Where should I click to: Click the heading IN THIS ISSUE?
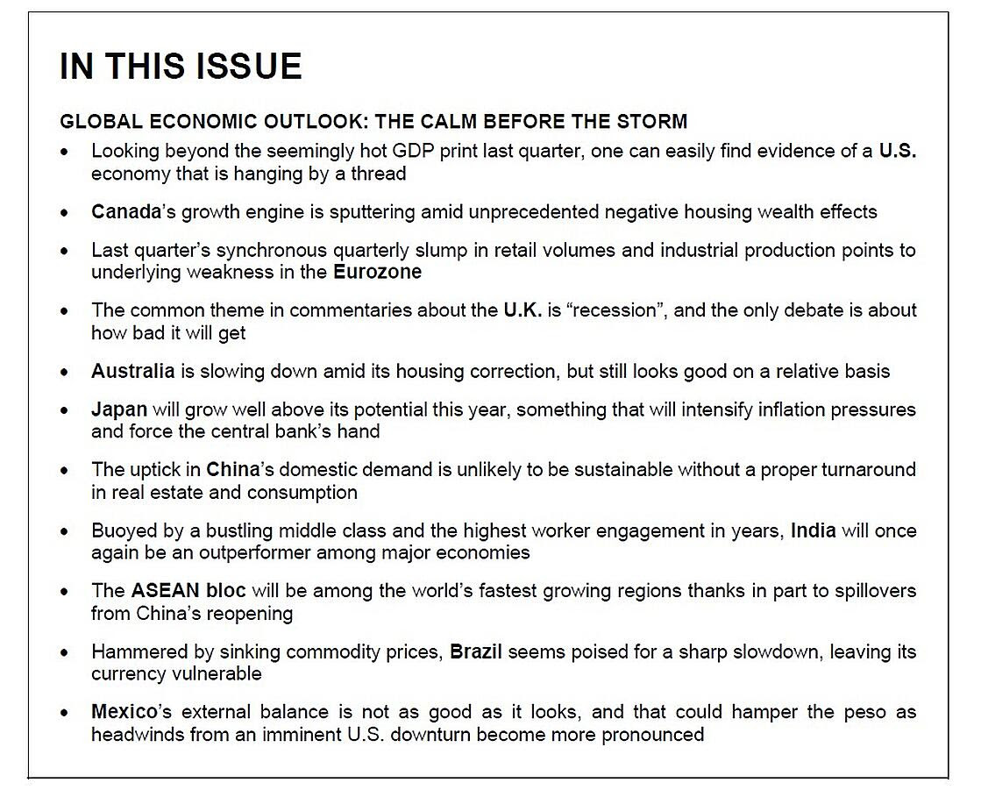click(x=181, y=68)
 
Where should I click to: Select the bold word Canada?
click(x=126, y=212)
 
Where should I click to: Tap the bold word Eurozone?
click(x=377, y=272)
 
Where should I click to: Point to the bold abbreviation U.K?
click(x=522, y=310)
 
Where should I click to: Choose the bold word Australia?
click(x=132, y=371)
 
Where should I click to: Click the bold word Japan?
click(x=118, y=409)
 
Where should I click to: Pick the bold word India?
click(x=813, y=531)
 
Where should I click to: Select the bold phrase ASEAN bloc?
click(x=188, y=591)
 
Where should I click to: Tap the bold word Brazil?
click(x=476, y=652)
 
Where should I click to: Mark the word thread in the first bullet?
click(x=378, y=174)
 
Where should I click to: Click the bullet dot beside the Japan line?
click(x=65, y=410)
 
